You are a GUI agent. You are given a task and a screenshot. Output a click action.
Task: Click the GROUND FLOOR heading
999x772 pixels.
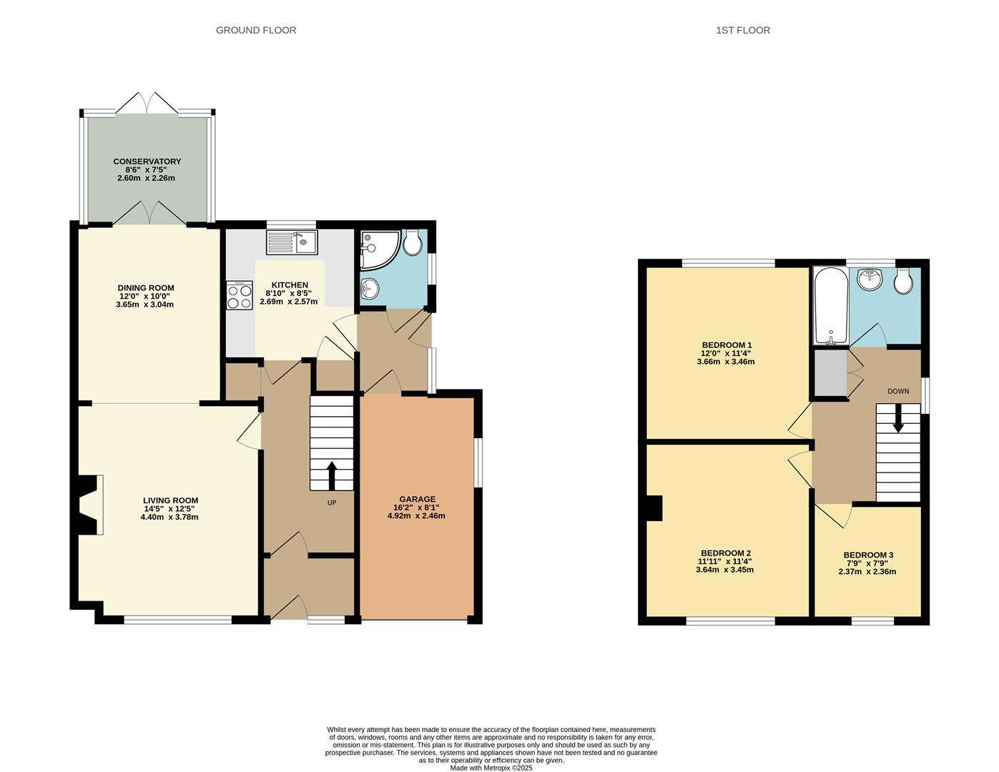tap(256, 30)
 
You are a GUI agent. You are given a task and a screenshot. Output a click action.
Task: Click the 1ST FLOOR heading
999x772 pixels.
tap(742, 30)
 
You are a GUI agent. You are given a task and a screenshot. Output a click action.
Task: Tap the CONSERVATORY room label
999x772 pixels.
tap(147, 162)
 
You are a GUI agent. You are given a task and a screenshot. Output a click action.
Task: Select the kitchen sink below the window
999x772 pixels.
tap(292, 242)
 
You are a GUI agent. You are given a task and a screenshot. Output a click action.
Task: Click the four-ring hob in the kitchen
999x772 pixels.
tap(240, 295)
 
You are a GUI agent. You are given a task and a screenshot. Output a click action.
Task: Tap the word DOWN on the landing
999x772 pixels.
tap(898, 391)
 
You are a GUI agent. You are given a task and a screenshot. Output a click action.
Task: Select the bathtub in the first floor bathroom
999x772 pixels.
tap(830, 306)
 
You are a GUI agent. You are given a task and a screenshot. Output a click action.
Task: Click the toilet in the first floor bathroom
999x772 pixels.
tap(904, 281)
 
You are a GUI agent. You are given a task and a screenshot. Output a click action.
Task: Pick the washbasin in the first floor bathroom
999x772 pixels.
tap(870, 279)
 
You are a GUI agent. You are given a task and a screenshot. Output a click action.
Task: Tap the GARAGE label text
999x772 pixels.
tap(417, 499)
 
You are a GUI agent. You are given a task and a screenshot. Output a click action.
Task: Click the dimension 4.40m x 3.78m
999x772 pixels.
tap(169, 517)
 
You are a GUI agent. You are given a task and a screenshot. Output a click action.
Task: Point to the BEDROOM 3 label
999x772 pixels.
tap(868, 555)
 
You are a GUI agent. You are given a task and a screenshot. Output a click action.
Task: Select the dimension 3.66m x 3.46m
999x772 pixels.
tap(725, 362)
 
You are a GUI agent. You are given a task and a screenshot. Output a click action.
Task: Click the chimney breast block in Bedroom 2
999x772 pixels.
tap(654, 508)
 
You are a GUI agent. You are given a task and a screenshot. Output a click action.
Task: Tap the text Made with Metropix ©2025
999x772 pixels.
tap(491, 768)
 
